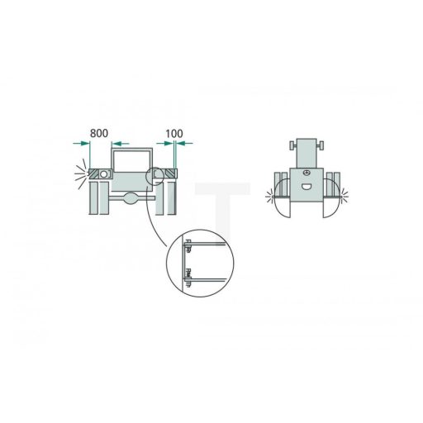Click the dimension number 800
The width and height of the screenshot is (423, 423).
coord(99,133)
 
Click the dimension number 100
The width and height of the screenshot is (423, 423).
coord(174,134)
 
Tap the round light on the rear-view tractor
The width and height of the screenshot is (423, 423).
coord(104,174)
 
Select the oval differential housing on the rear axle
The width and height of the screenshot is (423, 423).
coord(131,198)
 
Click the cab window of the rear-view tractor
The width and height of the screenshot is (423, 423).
coord(132,161)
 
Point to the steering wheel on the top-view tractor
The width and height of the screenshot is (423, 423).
coord(306,173)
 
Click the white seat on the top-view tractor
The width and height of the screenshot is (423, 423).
coord(306,187)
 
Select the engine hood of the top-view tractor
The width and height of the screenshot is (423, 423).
coord(307,153)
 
